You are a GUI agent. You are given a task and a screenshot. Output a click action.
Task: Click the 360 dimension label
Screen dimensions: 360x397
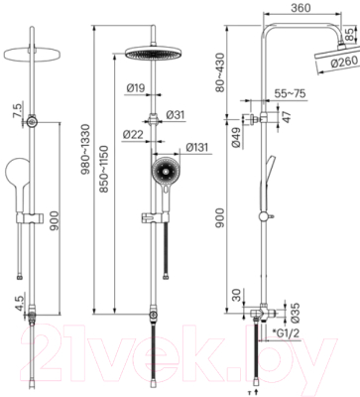point(300,7)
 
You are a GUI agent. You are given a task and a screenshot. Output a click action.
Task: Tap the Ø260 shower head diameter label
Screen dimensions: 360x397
point(344,62)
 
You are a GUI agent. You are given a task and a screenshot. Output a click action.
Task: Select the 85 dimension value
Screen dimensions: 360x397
point(349,35)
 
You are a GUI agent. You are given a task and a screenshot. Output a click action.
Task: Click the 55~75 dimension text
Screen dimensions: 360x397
point(290,93)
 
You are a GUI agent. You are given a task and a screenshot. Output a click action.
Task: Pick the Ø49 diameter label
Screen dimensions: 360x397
point(236,137)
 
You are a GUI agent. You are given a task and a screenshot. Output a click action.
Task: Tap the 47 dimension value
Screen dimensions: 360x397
point(287,116)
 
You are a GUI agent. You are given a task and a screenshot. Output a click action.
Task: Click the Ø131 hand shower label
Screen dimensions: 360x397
point(197,147)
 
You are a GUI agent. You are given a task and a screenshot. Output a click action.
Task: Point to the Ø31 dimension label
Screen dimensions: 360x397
point(176,115)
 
